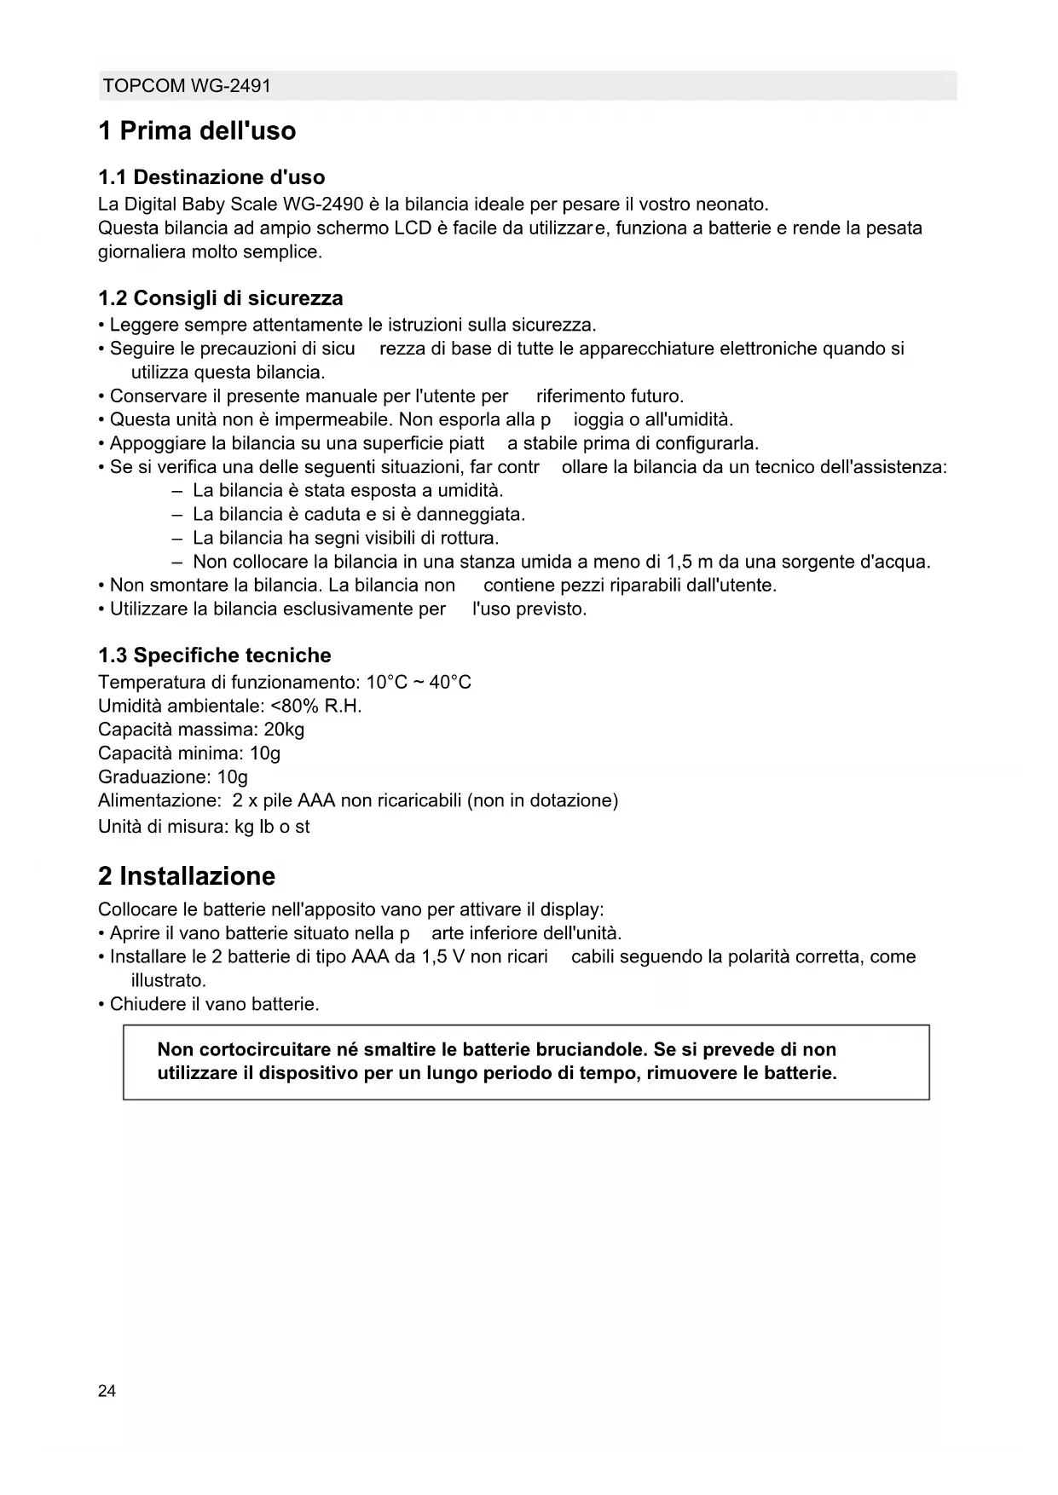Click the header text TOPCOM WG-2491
pyautogui.click(x=186, y=86)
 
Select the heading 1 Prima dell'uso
pyautogui.click(x=197, y=131)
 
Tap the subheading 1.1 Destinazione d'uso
pyautogui.click(x=211, y=177)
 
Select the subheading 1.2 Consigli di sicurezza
pyautogui.click(x=221, y=298)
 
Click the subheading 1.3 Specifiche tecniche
pyautogui.click(x=215, y=655)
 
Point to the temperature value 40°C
pyautogui.click(x=450, y=682)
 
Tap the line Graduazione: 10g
pyautogui.click(x=173, y=777)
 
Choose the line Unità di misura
pyautogui.click(x=204, y=826)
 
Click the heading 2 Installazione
pyautogui.click(x=187, y=876)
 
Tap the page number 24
pyautogui.click(x=107, y=1391)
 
